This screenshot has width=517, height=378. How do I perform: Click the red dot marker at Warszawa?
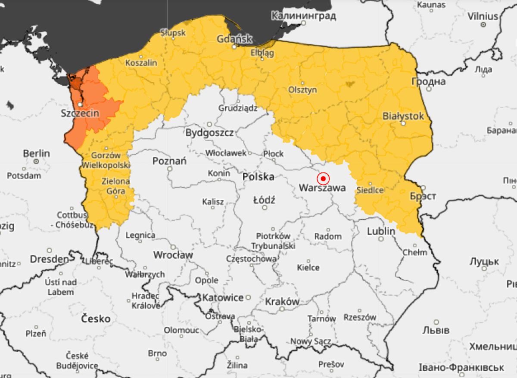323,178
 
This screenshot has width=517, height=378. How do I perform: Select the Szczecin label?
81,114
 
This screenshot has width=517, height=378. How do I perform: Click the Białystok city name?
403,116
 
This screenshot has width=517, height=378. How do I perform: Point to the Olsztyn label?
302,90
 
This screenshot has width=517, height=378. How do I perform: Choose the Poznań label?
169,161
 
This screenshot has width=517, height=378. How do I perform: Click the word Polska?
258,177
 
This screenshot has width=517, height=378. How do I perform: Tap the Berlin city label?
36,153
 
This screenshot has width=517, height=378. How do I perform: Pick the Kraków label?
282,301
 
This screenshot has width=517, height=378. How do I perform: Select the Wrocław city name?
173,255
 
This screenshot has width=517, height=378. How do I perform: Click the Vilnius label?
483,16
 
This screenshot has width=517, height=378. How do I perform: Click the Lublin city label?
381,231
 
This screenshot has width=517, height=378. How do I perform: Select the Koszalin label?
141,63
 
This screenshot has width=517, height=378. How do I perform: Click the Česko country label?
96,319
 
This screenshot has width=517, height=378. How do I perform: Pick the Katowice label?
223,297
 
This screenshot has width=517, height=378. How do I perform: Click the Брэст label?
423,196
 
